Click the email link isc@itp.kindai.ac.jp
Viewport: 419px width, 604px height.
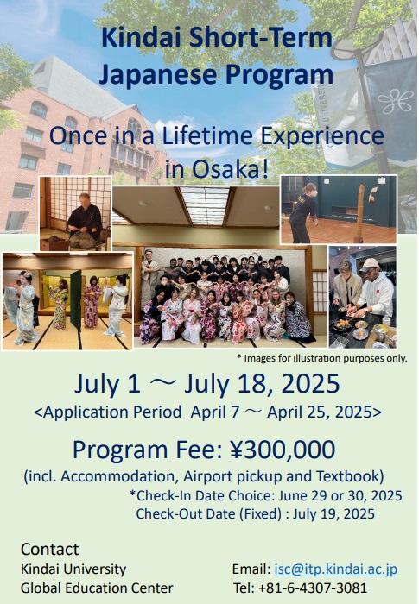[336, 569]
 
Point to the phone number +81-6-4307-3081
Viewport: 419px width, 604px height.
[313, 588]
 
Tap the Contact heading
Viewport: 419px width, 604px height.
[49, 550]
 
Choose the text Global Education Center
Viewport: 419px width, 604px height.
[97, 588]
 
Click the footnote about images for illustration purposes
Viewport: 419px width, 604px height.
[321, 358]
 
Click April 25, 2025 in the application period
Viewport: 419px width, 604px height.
[321, 412]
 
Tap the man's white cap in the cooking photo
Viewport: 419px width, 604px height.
[369, 265]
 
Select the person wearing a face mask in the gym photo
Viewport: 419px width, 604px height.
[304, 211]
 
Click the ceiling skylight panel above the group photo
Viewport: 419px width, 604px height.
[206, 205]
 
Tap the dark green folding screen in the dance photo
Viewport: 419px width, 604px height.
[76, 299]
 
